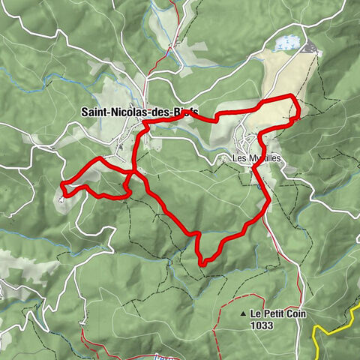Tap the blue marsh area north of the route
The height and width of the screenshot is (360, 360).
coord(288,44)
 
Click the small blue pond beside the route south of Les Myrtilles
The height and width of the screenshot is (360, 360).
coord(259,187)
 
